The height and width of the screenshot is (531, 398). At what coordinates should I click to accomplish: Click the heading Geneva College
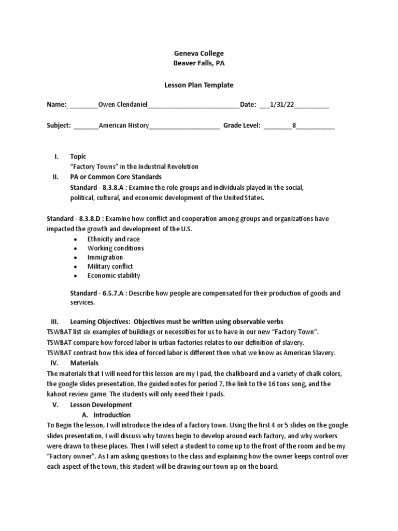(x=198, y=53)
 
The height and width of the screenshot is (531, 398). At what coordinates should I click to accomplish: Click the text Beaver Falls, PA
(x=198, y=63)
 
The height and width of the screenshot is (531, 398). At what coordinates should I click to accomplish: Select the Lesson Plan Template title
(x=198, y=85)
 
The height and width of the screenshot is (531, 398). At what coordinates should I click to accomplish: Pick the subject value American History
(x=124, y=125)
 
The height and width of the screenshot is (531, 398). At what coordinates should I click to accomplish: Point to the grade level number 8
(x=294, y=125)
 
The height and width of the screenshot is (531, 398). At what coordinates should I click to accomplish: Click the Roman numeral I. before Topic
(x=56, y=157)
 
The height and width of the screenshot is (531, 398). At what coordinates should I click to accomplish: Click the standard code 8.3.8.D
(x=87, y=219)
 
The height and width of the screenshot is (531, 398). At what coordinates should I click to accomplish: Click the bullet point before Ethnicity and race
(x=76, y=240)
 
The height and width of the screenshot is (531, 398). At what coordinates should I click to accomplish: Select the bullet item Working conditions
(x=116, y=248)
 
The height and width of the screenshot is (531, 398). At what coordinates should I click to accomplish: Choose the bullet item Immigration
(x=105, y=257)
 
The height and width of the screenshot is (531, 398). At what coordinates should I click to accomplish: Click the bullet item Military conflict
(x=110, y=267)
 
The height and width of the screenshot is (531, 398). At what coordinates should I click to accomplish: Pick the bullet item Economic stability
(x=113, y=275)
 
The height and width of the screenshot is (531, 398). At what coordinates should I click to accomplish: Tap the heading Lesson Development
(x=101, y=404)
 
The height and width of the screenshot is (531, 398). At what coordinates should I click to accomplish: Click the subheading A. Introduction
(x=107, y=415)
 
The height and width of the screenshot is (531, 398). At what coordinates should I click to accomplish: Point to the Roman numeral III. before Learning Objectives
(x=55, y=322)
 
